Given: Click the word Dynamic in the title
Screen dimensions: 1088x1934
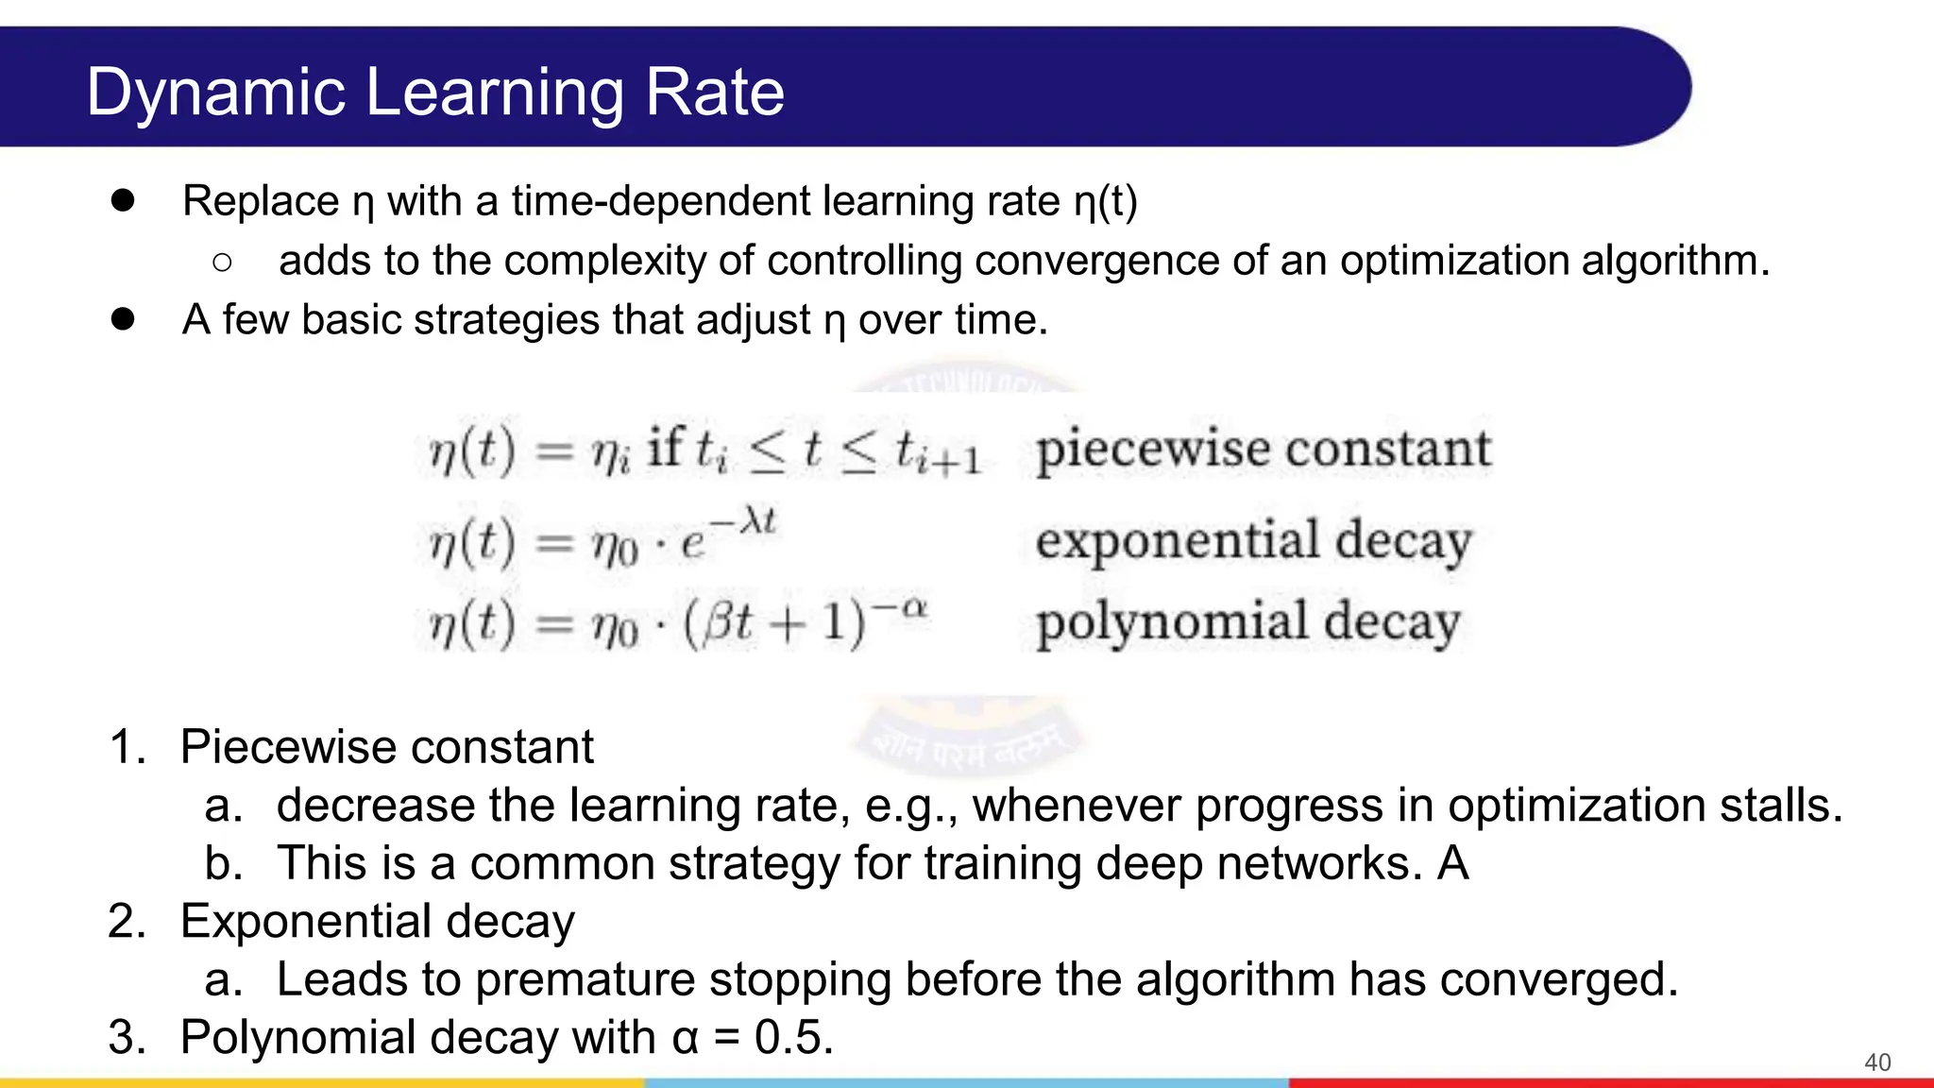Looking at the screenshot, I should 215,93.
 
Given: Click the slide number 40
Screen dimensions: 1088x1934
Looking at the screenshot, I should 1876,1062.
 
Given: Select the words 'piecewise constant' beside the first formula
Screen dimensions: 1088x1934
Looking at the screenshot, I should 1263,450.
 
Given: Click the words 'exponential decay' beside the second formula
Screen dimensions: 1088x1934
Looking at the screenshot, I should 1253,541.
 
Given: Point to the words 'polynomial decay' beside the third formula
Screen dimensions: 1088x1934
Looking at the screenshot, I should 1247,623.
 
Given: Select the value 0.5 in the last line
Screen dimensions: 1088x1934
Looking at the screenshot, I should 793,1037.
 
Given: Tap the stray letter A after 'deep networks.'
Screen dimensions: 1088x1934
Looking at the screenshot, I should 1452,863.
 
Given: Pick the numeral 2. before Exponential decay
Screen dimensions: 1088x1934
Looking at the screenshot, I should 127,921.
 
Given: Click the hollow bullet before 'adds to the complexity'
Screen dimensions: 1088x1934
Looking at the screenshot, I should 222,263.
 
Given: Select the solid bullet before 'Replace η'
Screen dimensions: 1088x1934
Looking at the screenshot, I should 122,200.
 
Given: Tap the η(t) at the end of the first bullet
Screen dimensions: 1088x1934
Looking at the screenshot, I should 1105,201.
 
